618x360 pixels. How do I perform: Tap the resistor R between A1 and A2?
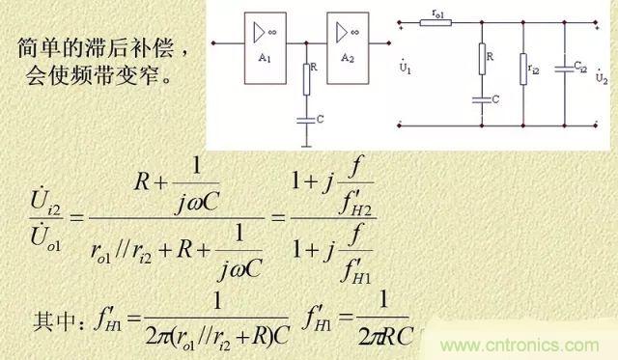coord(305,80)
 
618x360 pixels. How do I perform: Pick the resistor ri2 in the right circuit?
coord(522,69)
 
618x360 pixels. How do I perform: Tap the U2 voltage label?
coord(602,75)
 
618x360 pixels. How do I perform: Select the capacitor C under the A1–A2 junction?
coord(305,120)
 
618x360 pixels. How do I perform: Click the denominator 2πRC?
coord(379,338)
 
